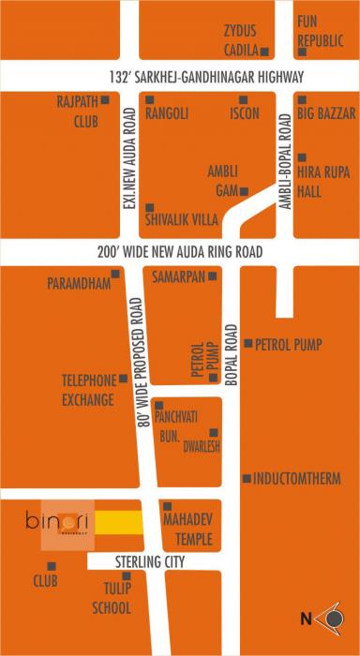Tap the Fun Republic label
click(x=321, y=31)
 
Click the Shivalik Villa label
click(x=182, y=220)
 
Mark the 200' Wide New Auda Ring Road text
click(x=179, y=253)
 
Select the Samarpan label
click(x=178, y=276)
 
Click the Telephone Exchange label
click(x=88, y=390)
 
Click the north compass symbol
click(x=329, y=618)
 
